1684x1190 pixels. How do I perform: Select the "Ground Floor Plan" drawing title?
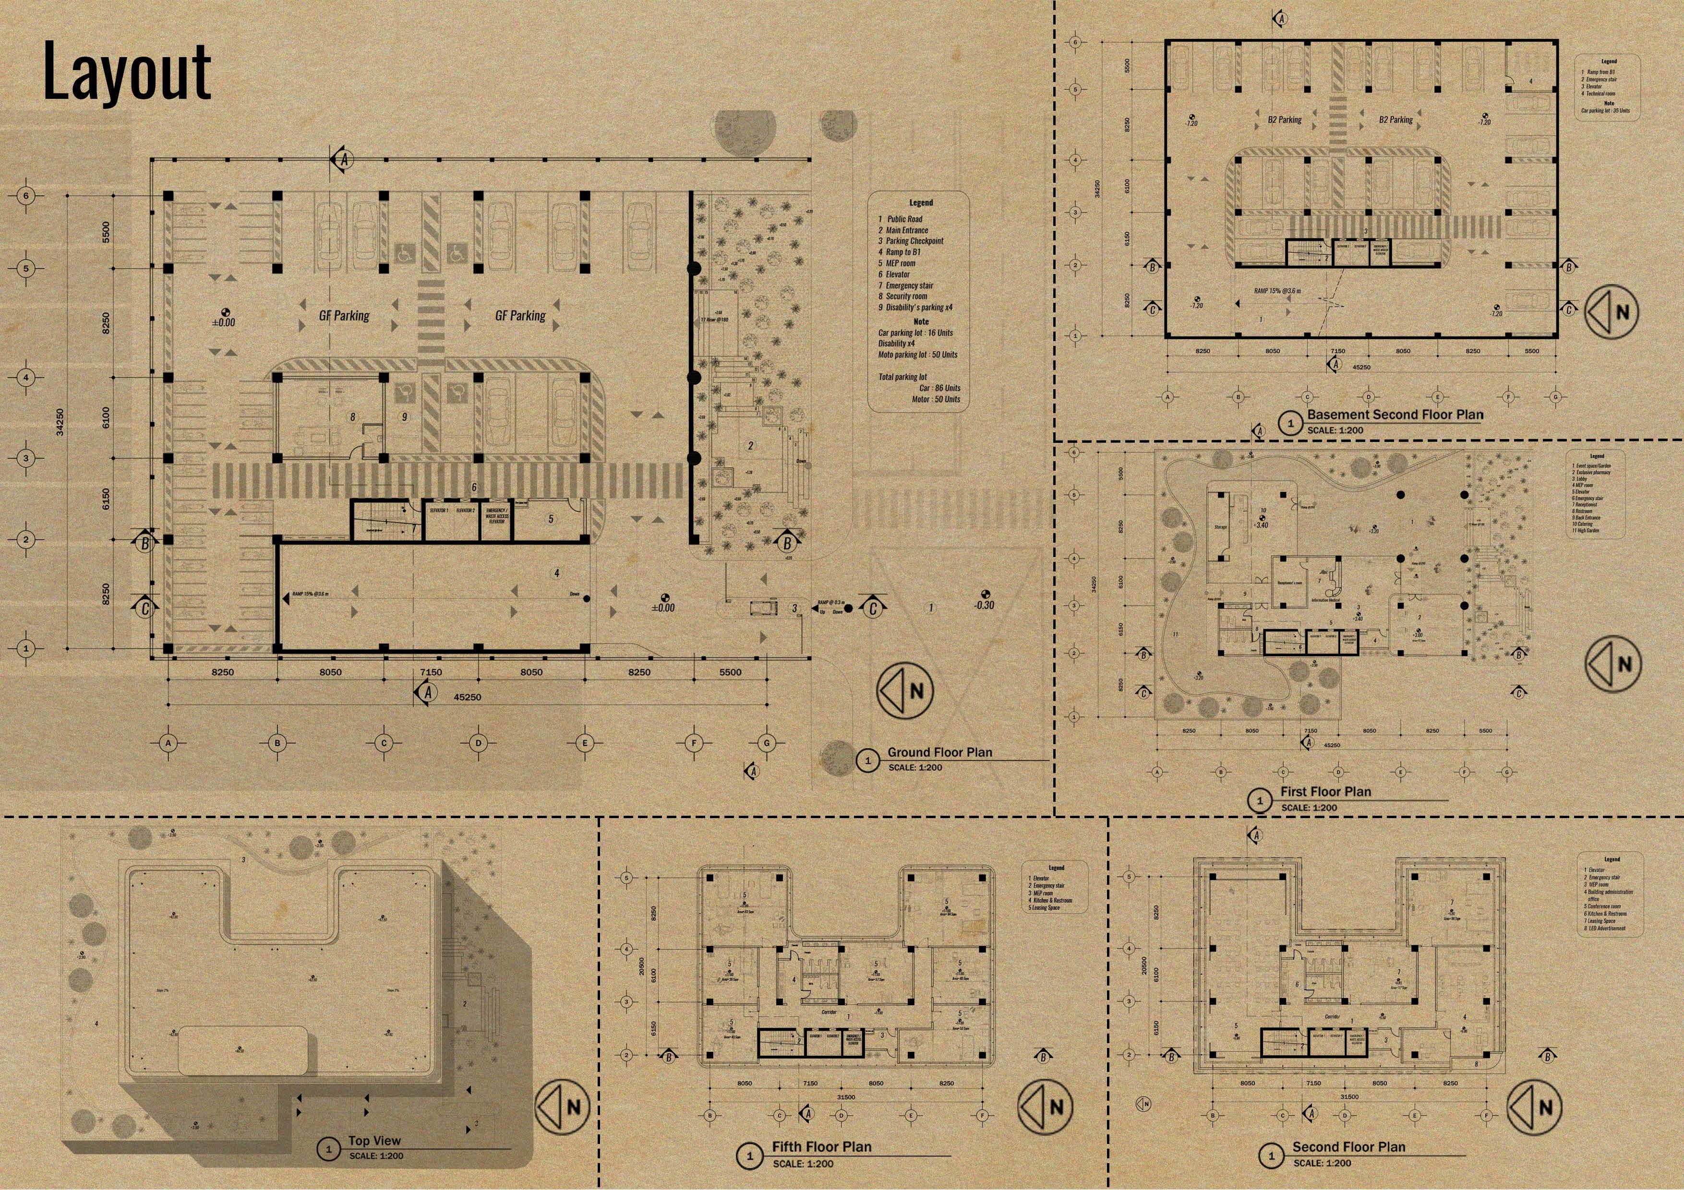point(939,752)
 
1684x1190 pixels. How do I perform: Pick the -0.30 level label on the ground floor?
point(984,605)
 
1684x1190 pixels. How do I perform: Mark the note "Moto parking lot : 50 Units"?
point(917,355)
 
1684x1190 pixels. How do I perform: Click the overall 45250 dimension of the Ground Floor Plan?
point(467,697)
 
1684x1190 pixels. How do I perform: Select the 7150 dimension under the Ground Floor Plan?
point(431,672)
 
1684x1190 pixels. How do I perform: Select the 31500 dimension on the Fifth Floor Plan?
point(846,1097)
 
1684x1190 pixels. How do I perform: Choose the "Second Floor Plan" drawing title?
point(1348,1147)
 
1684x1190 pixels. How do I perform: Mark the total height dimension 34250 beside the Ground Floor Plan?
point(60,422)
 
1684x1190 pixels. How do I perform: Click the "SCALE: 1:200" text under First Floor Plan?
point(1309,807)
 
